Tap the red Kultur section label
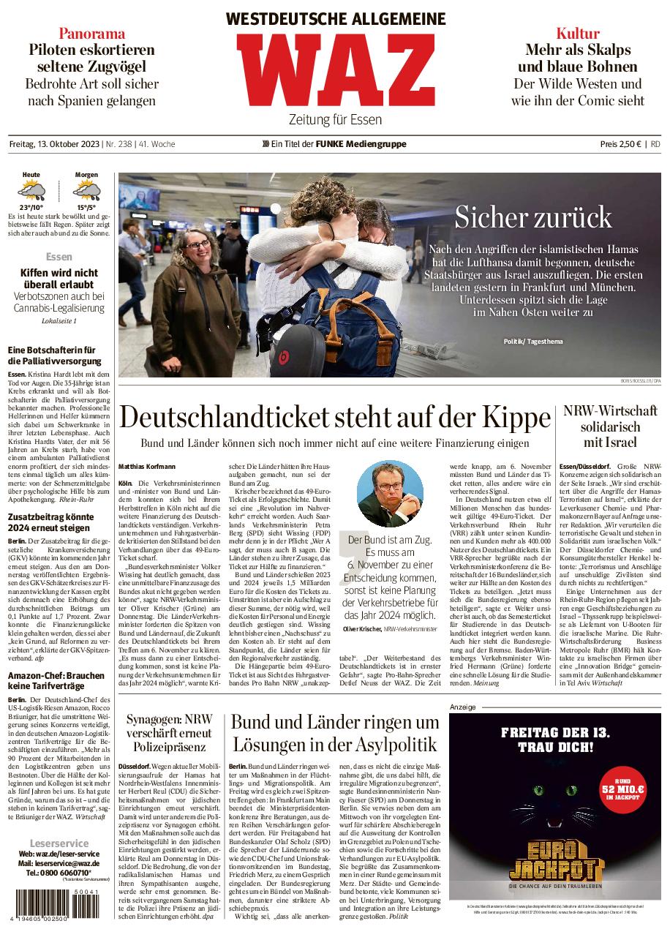[x=577, y=33]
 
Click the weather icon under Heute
[x=31, y=192]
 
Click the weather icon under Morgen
[x=86, y=192]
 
